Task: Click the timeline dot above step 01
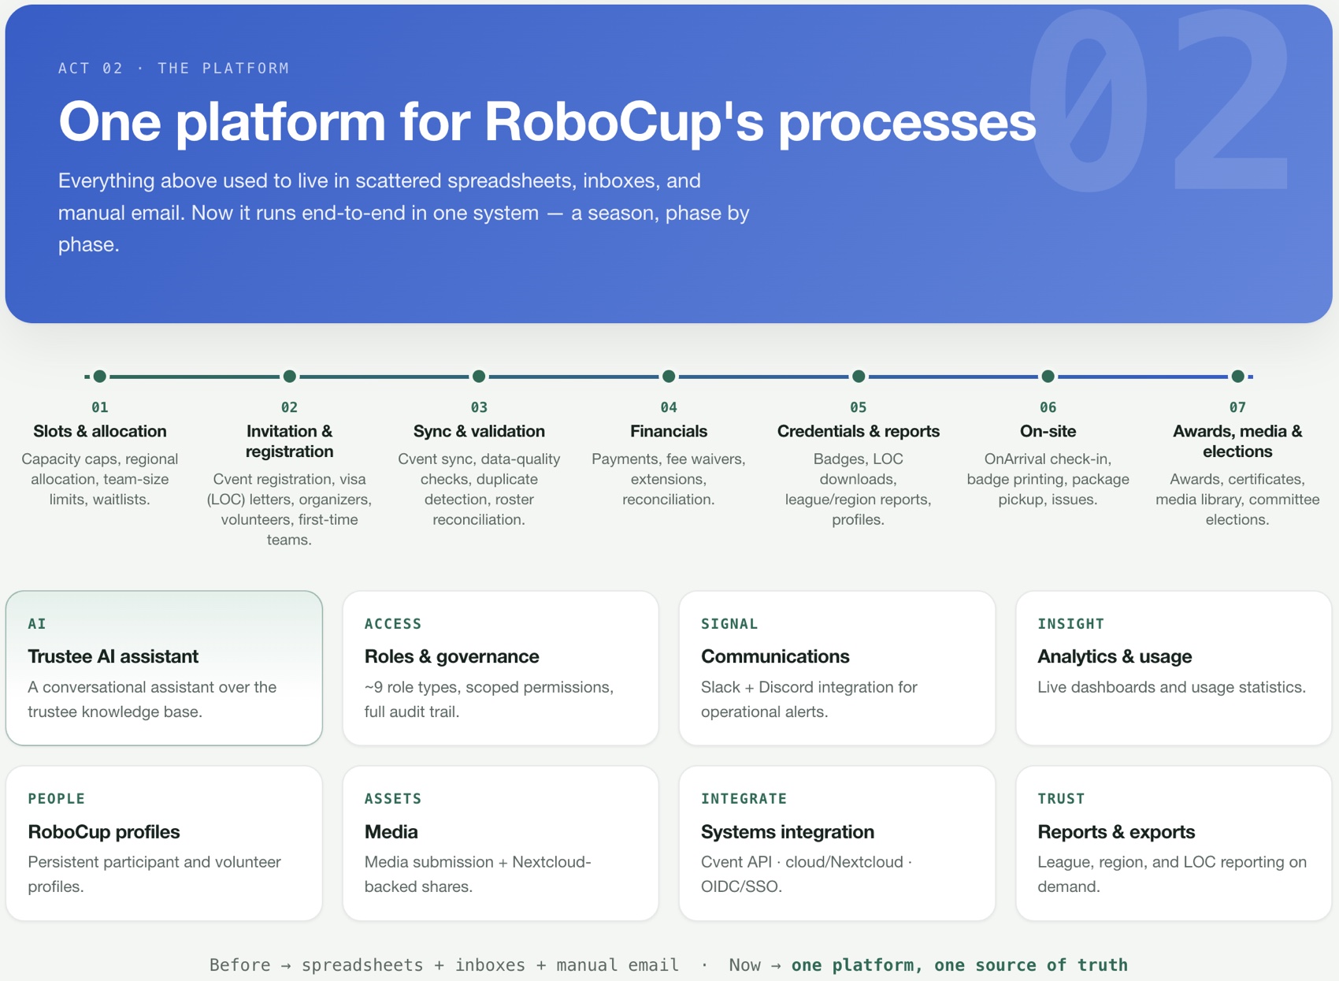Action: coord(100,377)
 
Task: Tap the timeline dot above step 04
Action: coord(669,377)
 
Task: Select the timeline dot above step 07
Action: coord(1238,377)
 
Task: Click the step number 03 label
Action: coord(479,407)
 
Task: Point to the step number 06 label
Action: coord(1048,407)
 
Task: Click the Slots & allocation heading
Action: coord(100,431)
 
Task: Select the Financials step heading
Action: coord(669,431)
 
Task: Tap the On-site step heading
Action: coord(1048,431)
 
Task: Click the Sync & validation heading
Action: coord(479,431)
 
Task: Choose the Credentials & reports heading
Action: coord(859,431)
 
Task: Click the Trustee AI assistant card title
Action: coord(113,656)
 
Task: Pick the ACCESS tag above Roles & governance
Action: coord(393,624)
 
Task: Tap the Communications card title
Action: coord(775,656)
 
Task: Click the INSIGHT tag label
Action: coord(1070,624)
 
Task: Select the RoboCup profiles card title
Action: coord(104,831)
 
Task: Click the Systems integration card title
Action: coord(788,831)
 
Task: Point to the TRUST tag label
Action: coord(1061,798)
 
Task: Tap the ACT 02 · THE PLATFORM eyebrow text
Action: coord(173,69)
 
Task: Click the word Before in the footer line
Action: coord(239,965)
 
